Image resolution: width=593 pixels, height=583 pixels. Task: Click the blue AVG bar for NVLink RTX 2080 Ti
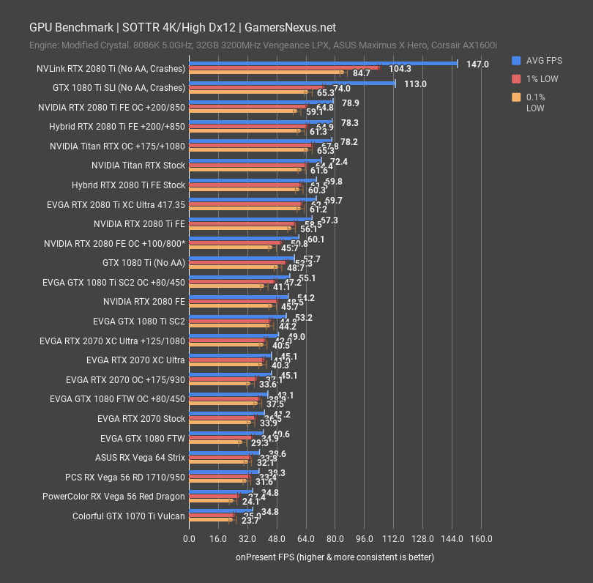tap(322, 64)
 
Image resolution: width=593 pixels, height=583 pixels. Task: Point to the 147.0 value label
tap(477, 64)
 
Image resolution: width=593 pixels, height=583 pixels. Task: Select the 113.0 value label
tap(415, 84)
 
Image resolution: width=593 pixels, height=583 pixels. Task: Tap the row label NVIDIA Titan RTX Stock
tap(138, 166)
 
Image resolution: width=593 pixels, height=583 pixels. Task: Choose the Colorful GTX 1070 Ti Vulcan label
tap(129, 516)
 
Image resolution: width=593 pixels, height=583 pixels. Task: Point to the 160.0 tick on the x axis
tap(481, 540)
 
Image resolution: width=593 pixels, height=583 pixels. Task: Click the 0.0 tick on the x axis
tap(189, 540)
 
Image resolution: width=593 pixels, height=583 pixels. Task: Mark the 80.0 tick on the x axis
tap(335, 540)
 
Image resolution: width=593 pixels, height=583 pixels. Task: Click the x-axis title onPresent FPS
tap(335, 557)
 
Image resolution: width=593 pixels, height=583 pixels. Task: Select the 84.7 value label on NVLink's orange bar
tap(361, 73)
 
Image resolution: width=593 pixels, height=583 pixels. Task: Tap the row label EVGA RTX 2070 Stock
tap(141, 419)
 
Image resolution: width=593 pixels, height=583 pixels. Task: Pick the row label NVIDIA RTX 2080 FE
tap(144, 301)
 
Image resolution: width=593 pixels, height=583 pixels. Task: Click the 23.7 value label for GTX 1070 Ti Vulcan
tap(250, 521)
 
